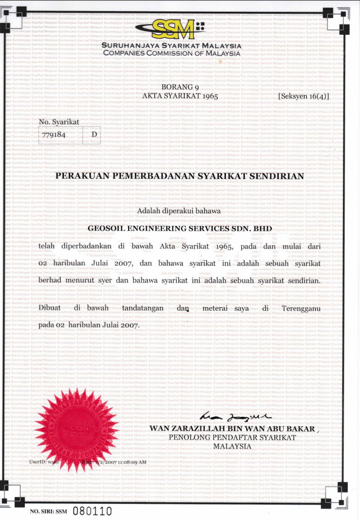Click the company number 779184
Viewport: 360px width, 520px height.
[x=54, y=134]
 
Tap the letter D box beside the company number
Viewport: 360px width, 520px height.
[x=94, y=134]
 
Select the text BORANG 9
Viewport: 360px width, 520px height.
[x=180, y=87]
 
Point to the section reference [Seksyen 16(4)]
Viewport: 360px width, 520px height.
[x=303, y=96]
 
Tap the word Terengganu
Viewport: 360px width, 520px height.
[x=301, y=308]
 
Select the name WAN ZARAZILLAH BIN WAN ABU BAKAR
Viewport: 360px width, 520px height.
[x=232, y=428]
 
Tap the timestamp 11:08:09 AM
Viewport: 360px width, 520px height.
[x=132, y=462]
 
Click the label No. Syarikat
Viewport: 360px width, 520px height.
[x=59, y=122]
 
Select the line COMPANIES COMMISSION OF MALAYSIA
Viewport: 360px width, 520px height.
[x=172, y=53]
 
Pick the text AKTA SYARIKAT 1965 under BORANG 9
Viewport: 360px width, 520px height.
[x=180, y=96]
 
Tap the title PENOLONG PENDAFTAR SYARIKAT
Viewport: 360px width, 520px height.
[x=232, y=437]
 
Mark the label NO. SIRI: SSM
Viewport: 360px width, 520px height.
[x=49, y=511]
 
